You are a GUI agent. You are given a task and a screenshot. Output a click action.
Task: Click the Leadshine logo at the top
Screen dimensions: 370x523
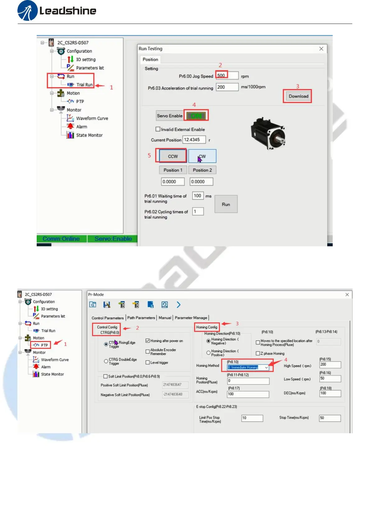pyautogui.click(x=57, y=11)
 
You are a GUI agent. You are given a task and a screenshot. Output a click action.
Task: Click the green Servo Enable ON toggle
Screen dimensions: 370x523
pyautogui.click(x=196, y=116)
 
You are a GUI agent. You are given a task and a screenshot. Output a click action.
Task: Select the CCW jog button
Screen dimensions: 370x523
pyautogui.click(x=173, y=156)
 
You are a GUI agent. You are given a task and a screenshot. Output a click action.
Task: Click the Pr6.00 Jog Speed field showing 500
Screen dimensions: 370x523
pyautogui.click(x=227, y=75)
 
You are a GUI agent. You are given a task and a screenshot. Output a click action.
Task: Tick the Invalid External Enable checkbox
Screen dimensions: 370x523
pyautogui.click(x=158, y=129)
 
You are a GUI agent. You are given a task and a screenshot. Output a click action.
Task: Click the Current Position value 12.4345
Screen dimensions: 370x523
pyautogui.click(x=194, y=140)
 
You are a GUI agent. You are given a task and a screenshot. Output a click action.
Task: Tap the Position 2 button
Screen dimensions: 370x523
pyautogui.click(x=202, y=170)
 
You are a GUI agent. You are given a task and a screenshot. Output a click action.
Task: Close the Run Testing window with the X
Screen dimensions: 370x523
pyautogui.click(x=321, y=49)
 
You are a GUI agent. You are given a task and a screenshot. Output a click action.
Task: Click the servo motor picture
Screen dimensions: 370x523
pyautogui.click(x=268, y=133)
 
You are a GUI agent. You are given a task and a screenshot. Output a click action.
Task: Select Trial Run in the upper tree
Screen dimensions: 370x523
pyautogui.click(x=84, y=84)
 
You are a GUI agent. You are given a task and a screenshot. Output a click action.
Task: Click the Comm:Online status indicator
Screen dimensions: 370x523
pyautogui.click(x=61, y=239)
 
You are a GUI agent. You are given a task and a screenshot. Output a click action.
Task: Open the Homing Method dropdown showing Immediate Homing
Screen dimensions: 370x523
pyautogui.click(x=248, y=367)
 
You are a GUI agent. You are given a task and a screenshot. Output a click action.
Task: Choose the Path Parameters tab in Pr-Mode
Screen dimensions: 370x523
pyautogui.click(x=141, y=318)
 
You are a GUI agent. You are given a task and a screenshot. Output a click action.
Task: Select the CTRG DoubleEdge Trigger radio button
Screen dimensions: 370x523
pyautogui.click(x=106, y=361)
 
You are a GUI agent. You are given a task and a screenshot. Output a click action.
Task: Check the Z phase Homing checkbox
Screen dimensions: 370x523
pyautogui.click(x=258, y=353)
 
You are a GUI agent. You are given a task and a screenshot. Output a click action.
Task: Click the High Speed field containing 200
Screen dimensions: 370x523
pyautogui.click(x=330, y=365)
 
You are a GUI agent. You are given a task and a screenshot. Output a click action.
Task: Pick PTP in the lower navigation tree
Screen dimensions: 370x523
pyautogui.click(x=44, y=345)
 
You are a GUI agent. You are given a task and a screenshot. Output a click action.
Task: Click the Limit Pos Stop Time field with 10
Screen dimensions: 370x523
pyautogui.click(x=252, y=418)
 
